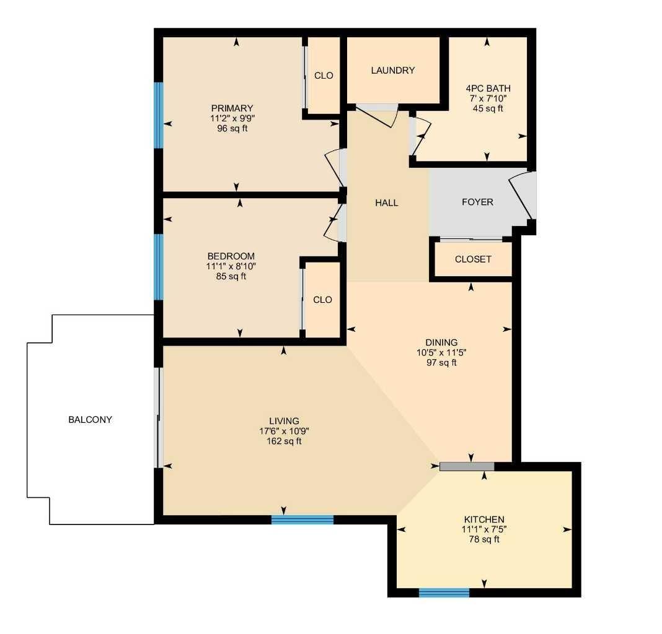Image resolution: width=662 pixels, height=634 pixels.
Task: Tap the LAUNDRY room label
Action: tap(392, 71)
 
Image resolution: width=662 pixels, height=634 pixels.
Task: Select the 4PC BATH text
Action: tap(488, 89)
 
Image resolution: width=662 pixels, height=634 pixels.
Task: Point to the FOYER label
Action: tap(477, 202)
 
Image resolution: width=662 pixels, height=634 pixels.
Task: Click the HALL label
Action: tap(386, 202)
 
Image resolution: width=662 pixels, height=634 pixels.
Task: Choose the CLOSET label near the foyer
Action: tap(472, 259)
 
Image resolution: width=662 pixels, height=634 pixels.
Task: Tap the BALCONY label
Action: tap(90, 419)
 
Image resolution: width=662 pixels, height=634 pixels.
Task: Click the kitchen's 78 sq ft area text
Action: tap(484, 539)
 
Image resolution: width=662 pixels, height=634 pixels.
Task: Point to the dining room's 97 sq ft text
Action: tap(441, 362)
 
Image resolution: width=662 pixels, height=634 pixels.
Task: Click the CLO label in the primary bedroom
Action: tap(324, 76)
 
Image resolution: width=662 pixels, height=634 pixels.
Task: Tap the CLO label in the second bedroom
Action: tap(322, 300)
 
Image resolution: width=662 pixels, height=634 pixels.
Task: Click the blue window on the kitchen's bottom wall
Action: tap(444, 593)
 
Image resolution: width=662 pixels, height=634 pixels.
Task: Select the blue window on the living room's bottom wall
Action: tap(302, 520)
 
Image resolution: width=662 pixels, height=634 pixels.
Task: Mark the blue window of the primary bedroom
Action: tap(159, 115)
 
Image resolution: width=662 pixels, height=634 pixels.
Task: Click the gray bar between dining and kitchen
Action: tap(467, 466)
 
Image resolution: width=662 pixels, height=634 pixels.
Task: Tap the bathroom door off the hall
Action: tap(419, 135)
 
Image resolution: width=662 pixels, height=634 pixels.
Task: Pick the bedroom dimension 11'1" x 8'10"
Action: tap(231, 266)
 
